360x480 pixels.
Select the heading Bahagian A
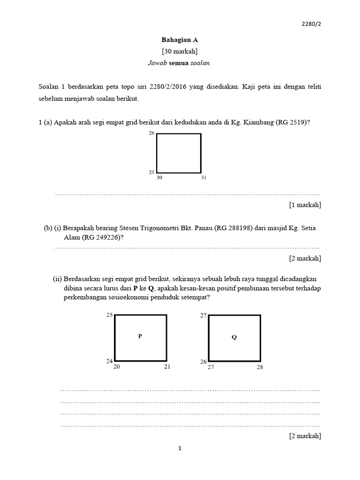(180, 40)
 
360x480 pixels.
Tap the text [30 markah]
(180, 51)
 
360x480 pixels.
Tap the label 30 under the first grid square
(159, 178)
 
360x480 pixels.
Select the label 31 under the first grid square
(203, 178)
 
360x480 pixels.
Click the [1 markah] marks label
(305, 205)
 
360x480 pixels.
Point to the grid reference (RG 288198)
(233, 228)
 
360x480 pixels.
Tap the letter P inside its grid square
(140, 336)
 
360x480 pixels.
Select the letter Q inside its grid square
(234, 337)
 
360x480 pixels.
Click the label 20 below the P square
(117, 367)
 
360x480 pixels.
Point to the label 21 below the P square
(167, 367)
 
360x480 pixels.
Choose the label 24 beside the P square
(109, 361)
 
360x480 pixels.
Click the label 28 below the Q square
(260, 367)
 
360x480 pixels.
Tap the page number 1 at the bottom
(180, 449)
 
